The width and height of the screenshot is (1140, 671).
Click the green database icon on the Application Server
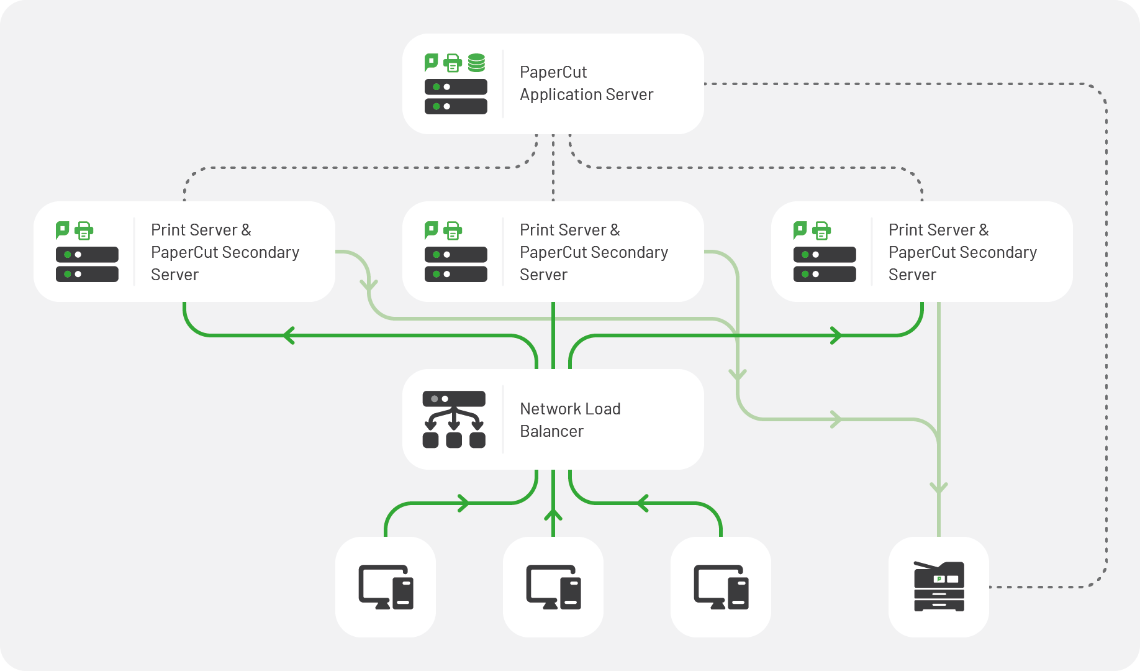tap(476, 63)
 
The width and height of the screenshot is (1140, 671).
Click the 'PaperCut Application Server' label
tap(586, 83)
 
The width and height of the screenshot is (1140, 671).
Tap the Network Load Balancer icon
tap(454, 419)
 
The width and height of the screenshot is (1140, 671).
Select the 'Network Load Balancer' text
tap(570, 420)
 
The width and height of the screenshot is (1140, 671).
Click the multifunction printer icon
tap(939, 587)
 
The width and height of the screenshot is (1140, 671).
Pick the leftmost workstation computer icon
tap(386, 587)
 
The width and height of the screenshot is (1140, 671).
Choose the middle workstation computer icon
tap(553, 587)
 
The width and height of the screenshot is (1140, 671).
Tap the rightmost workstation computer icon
tap(721, 587)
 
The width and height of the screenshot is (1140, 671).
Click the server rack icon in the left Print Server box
tap(87, 264)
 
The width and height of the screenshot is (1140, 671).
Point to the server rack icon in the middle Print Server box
tap(456, 264)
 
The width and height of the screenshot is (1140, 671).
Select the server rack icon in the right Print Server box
tap(825, 264)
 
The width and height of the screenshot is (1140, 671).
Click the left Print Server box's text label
tap(225, 252)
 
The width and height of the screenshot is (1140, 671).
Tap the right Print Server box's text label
tap(962, 252)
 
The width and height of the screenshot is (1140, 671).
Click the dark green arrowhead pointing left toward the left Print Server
tap(288, 335)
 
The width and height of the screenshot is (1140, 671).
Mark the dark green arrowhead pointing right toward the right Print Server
tap(836, 335)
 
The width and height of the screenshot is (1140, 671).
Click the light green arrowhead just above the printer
tap(939, 488)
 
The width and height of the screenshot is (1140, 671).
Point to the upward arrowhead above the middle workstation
tap(553, 514)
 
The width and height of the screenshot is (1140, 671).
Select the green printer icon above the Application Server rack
tap(453, 63)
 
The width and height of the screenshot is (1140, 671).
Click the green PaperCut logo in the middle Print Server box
tap(431, 230)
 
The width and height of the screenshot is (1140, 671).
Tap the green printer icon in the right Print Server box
tap(821, 231)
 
